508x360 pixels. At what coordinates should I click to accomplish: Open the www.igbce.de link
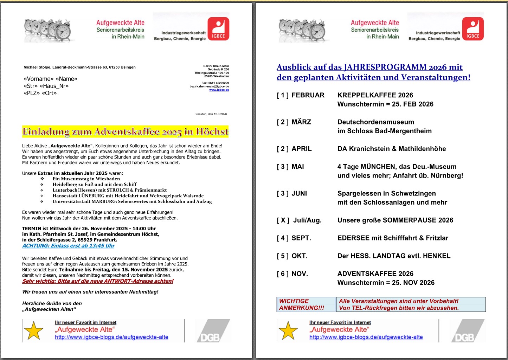[219, 90]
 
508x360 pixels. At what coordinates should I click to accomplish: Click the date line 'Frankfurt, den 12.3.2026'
[211, 114]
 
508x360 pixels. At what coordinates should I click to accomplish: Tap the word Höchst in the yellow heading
[212, 132]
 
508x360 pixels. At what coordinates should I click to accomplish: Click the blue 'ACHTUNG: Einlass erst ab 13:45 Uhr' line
[69, 246]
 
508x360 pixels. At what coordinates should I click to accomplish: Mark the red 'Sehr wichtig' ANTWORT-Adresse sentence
[98, 281]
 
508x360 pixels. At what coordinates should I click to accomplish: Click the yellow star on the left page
[34, 330]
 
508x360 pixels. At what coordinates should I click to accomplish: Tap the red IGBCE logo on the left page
[218, 29]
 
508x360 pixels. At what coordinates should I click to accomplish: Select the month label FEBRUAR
[308, 95]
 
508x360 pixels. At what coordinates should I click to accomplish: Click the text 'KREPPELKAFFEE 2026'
[375, 95]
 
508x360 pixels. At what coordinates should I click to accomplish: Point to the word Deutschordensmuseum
[375, 122]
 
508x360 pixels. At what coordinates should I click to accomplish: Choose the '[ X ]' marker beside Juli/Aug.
[283, 220]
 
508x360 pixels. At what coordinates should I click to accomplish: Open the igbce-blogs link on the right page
[366, 337]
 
